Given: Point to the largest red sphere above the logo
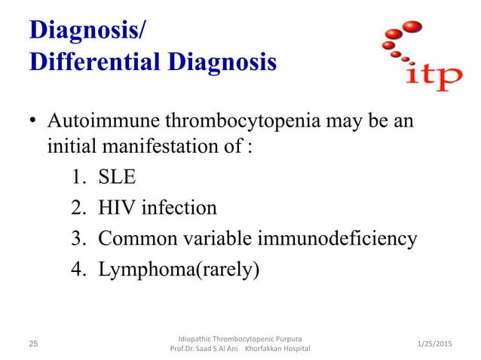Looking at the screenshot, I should pos(411,28).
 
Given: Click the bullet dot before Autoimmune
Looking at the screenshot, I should pos(33,123).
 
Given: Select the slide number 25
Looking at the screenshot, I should pos(32,343).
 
